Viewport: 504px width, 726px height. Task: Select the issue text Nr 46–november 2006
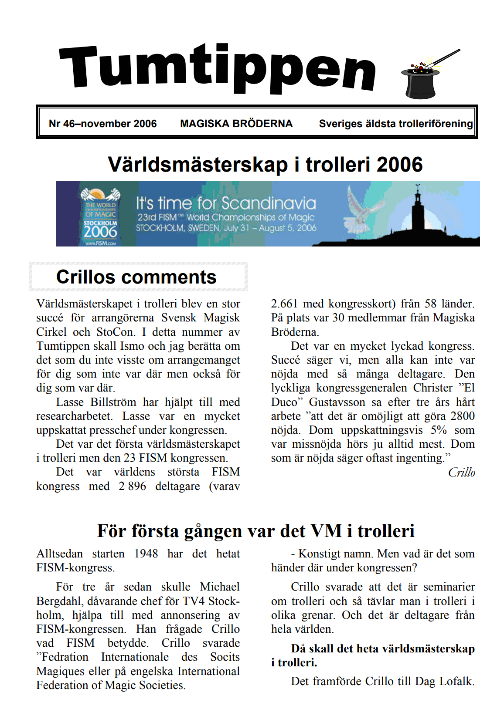pyautogui.click(x=102, y=124)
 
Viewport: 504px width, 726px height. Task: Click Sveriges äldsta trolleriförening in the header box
pyautogui.click(x=395, y=124)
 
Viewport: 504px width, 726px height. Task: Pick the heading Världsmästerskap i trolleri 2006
pyautogui.click(x=265, y=165)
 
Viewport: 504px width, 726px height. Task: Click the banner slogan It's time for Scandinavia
pyautogui.click(x=226, y=203)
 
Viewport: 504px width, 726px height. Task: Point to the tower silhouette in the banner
pyautogui.click(x=418, y=209)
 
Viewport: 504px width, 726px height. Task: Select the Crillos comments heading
pyautogui.click(x=136, y=277)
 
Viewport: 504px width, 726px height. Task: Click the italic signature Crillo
pyautogui.click(x=461, y=473)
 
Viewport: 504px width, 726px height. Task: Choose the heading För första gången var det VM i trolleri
pyautogui.click(x=255, y=531)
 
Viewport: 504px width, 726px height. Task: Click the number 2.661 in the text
pyautogui.click(x=284, y=304)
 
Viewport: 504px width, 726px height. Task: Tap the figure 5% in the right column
pyautogui.click(x=439, y=430)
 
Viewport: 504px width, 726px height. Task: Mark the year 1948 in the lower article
pyautogui.click(x=146, y=554)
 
